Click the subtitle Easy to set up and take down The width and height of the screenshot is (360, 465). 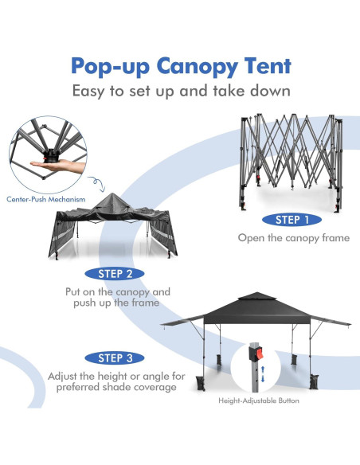tap(180, 91)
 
